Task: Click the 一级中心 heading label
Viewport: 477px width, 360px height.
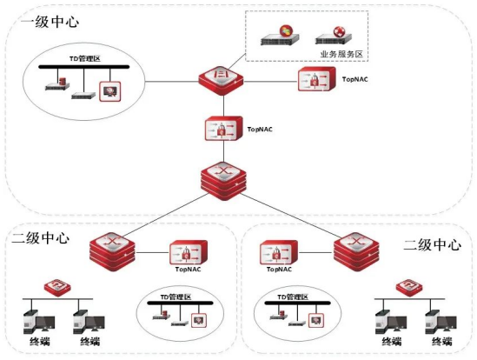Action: (x=50, y=23)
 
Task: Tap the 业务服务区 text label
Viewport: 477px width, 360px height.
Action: (x=341, y=54)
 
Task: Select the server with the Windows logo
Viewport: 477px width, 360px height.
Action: (x=280, y=36)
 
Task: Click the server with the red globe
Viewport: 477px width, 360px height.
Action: (x=334, y=36)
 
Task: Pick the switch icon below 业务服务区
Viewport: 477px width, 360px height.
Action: (x=222, y=80)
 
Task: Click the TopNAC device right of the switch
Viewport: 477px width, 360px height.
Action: (x=316, y=79)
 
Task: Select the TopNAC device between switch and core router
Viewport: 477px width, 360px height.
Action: (x=224, y=129)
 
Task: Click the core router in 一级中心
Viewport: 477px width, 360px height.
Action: (x=223, y=181)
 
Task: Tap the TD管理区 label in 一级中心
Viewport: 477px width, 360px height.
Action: (x=85, y=59)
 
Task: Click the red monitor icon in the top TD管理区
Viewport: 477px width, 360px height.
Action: (x=110, y=91)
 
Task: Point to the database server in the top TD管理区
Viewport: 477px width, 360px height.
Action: (x=57, y=84)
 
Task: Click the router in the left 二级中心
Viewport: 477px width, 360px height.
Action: (x=113, y=252)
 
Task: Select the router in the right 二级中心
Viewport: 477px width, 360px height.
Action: (x=356, y=252)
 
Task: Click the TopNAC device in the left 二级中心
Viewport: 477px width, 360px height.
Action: (x=189, y=252)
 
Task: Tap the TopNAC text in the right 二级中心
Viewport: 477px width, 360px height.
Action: (x=279, y=270)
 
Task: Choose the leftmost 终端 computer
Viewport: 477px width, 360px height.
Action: (x=39, y=323)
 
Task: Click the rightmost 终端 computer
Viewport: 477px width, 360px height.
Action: (x=441, y=323)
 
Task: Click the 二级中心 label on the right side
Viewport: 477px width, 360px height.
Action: (x=433, y=245)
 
